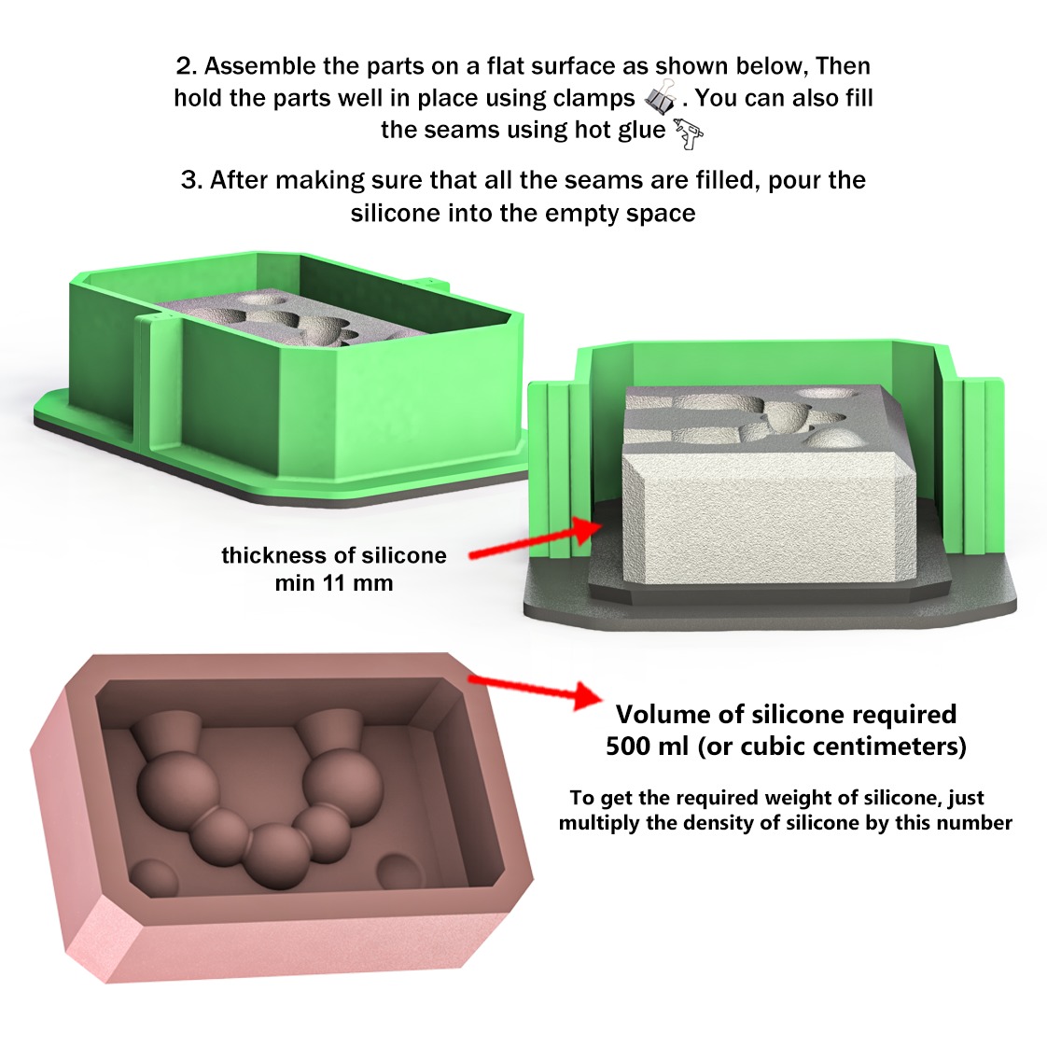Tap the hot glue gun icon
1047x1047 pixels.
(x=688, y=133)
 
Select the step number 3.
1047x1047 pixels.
(x=190, y=180)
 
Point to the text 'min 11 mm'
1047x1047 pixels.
(x=334, y=583)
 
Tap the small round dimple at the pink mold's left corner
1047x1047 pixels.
(x=154, y=879)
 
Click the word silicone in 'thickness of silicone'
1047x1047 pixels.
(x=404, y=555)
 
